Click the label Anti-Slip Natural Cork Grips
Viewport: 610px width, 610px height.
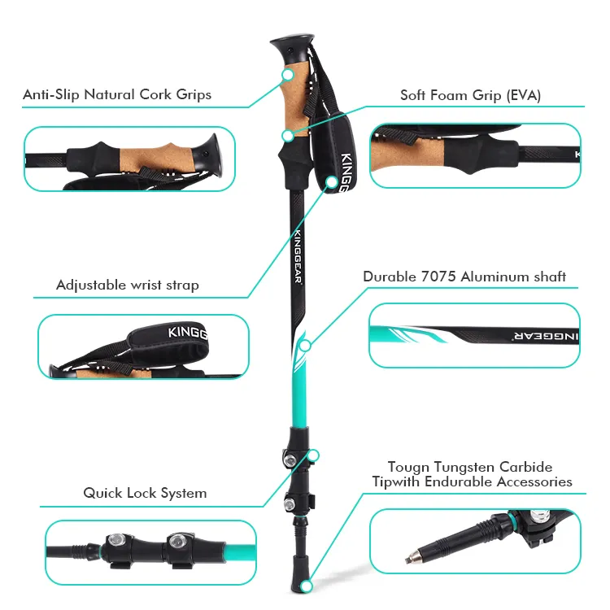click(117, 94)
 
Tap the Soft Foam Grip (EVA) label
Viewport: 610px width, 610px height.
click(470, 95)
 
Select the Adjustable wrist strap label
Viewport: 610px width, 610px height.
click(127, 285)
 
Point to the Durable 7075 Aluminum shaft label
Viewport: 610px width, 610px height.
click(464, 277)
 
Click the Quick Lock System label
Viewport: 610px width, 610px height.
click(145, 493)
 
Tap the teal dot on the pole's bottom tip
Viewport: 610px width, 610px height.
click(306, 584)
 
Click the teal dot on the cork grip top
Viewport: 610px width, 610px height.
click(287, 75)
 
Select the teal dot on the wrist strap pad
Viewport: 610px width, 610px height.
click(332, 181)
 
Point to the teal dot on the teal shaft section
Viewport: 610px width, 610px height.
click(305, 345)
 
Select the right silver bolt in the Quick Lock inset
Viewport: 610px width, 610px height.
click(176, 540)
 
